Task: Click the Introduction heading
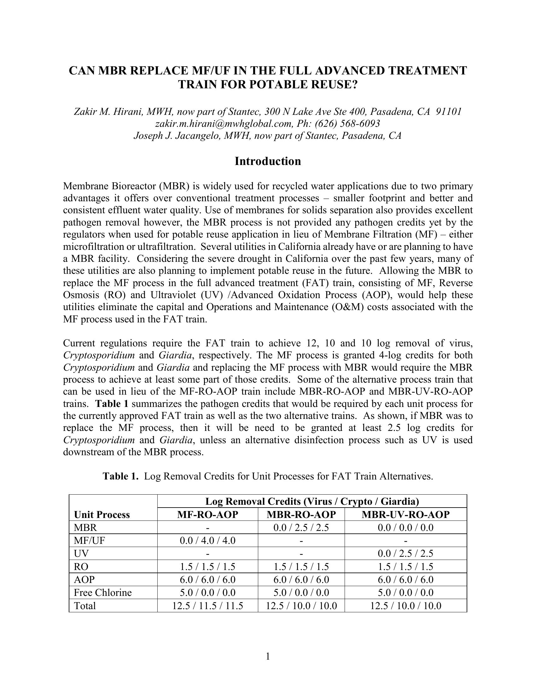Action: coord(268,162)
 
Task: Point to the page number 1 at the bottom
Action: coord(268,656)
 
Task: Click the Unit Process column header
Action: coord(102,515)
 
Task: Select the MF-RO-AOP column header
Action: coord(208,515)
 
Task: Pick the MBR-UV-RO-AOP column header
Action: coord(405,515)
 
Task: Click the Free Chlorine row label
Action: coord(102,593)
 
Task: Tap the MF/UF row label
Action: coord(89,540)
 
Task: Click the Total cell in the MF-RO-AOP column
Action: coord(208,606)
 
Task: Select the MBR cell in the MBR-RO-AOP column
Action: coord(301,527)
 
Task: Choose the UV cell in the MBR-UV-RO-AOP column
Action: coord(405,554)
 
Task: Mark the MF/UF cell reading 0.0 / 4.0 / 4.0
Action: coord(208,540)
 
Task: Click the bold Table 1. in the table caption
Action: coord(121,476)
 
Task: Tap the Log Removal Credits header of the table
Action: coord(312,502)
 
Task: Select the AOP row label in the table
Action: coord(84,579)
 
